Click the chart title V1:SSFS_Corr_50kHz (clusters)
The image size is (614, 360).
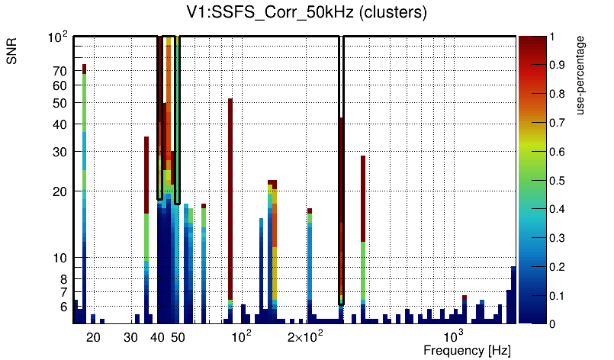click(x=307, y=13)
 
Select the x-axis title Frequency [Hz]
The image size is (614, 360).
click(x=467, y=350)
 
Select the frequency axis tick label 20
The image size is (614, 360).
click(x=93, y=337)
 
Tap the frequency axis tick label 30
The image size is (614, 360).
click(x=130, y=337)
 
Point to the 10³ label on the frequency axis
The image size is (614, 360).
click(x=454, y=336)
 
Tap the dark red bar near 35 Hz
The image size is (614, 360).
click(x=146, y=175)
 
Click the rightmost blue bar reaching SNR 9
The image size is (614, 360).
click(x=513, y=294)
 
